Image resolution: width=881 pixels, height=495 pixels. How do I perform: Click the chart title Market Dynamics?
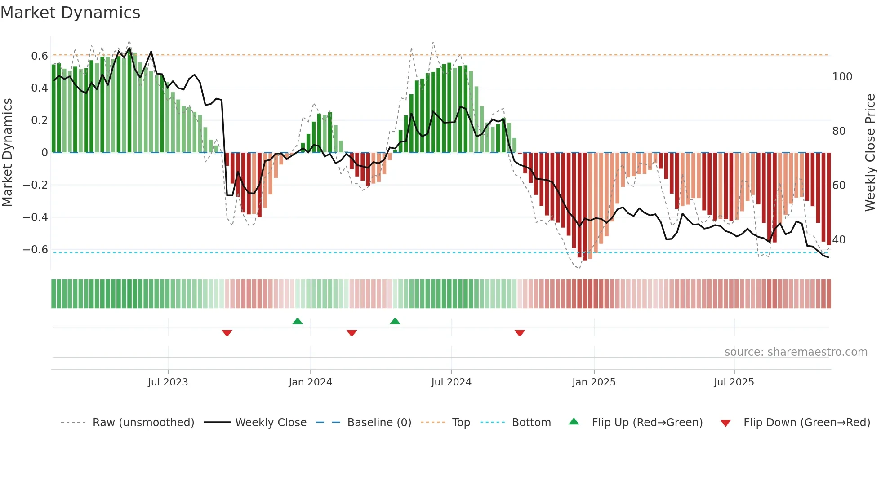click(x=70, y=13)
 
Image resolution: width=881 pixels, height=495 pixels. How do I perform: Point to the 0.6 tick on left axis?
click(x=40, y=56)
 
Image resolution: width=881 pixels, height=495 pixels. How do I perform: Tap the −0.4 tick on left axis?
click(x=36, y=217)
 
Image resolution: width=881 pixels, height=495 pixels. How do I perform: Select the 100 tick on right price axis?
click(x=842, y=77)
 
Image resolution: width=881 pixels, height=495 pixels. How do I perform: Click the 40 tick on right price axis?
click(x=839, y=240)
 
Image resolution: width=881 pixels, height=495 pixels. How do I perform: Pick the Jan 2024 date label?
click(x=310, y=382)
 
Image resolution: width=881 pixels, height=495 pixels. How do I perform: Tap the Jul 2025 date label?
click(x=734, y=382)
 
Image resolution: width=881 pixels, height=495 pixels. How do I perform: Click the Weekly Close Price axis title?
click(x=870, y=153)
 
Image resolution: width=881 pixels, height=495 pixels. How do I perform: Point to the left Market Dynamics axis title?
click(x=7, y=153)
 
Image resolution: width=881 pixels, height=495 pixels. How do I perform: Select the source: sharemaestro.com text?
click(x=796, y=352)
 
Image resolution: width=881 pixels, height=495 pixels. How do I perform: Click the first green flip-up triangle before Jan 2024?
click(x=297, y=322)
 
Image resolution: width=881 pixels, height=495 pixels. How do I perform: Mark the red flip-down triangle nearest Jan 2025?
click(x=520, y=333)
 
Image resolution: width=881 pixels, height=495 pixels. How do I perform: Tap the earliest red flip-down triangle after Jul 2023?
click(x=227, y=333)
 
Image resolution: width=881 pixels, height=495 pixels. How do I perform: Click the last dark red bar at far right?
click(x=828, y=198)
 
